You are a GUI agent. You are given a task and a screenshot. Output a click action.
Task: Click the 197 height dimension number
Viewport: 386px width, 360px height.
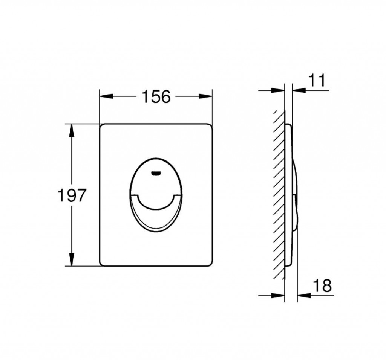(72, 195)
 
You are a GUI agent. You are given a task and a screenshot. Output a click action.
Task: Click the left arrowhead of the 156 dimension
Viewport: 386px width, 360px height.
(106, 96)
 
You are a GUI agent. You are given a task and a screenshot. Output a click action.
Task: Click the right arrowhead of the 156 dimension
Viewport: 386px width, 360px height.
(205, 96)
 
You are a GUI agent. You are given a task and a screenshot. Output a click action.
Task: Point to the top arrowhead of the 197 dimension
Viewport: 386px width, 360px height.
(72, 130)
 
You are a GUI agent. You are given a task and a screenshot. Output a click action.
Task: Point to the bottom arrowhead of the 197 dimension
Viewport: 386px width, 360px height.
(72, 259)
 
